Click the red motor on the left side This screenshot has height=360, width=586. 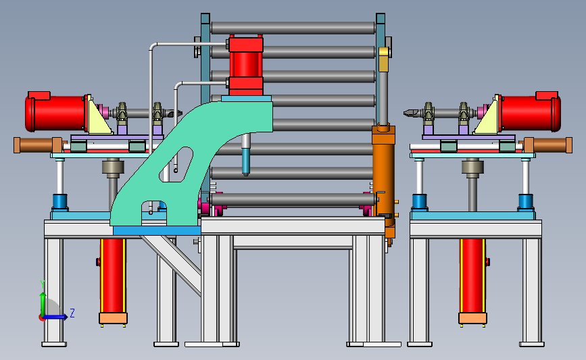56,112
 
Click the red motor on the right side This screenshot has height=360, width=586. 530,112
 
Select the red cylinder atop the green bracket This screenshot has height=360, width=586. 246,66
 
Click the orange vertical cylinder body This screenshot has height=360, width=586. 383,176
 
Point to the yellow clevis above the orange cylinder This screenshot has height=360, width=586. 383,59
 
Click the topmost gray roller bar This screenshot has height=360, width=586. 293,28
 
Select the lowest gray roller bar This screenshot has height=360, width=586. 293,199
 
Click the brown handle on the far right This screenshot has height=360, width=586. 548,145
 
